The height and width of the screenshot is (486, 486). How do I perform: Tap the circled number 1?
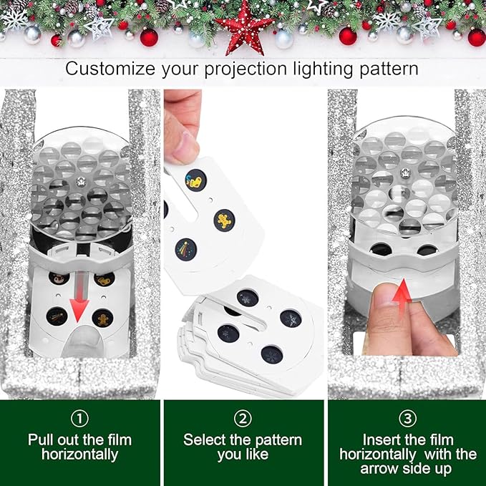click(x=79, y=417)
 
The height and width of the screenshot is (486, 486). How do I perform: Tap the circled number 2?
click(x=242, y=417)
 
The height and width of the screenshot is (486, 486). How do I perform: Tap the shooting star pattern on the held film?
click(x=185, y=248)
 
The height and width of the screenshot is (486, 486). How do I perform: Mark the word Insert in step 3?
click(x=383, y=439)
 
